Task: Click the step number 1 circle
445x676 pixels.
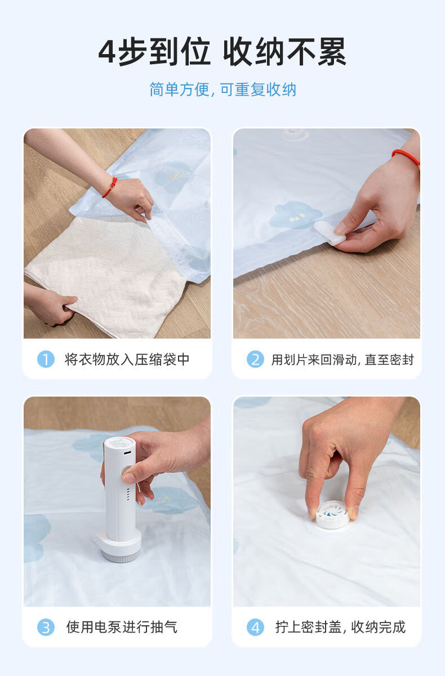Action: pos(46,359)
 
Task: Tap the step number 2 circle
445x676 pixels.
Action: pos(255,359)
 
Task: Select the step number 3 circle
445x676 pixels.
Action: pos(46,627)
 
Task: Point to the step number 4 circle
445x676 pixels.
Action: pos(255,627)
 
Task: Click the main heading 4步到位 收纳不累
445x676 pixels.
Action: pos(222,52)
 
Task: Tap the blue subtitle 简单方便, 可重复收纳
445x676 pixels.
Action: pos(222,90)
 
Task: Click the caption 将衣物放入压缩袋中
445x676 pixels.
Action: pos(127,359)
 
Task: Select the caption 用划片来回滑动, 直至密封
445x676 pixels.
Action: pos(342,359)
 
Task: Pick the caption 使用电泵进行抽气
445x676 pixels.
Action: pos(122,627)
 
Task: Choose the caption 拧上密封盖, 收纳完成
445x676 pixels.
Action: pos(340,627)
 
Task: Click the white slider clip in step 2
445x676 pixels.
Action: pos(330,232)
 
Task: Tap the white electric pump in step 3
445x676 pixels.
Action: pos(119,500)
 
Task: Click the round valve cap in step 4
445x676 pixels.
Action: pos(332,515)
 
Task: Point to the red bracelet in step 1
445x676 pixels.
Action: pos(110,188)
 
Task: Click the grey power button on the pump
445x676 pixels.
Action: pos(125,472)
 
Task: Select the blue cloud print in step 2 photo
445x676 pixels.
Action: pos(295,214)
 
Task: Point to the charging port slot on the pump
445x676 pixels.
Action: pos(127,453)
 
